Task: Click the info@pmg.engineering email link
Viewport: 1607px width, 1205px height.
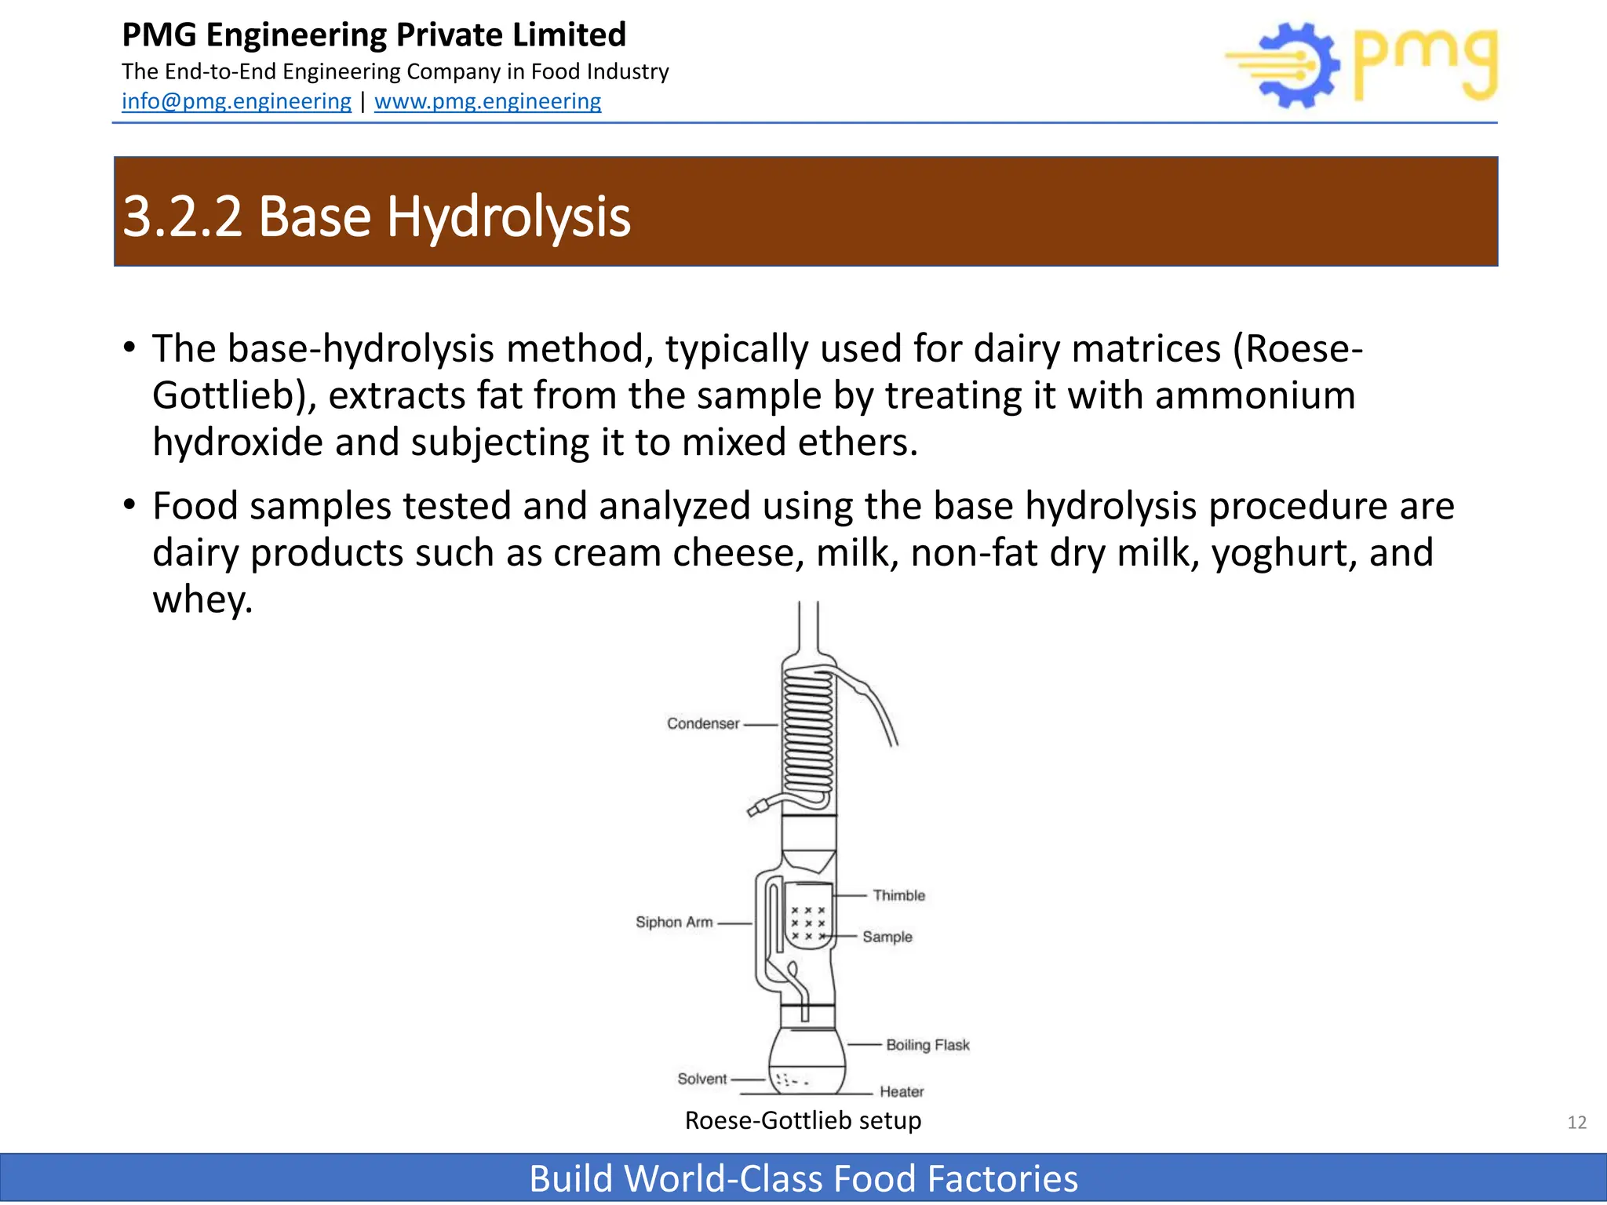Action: pos(236,101)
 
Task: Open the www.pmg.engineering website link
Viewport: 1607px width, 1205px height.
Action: pos(487,101)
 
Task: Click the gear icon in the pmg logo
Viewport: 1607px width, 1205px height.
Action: pos(1299,66)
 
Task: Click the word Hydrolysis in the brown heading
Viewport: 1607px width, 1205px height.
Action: pos(508,216)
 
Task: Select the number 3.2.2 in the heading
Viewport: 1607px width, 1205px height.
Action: pos(182,216)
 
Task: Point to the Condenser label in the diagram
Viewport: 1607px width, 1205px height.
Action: pos(702,723)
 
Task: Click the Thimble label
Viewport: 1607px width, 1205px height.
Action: pos(898,895)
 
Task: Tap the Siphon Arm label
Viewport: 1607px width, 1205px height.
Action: pos(674,922)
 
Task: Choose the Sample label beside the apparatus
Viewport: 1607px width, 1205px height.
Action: pos(887,937)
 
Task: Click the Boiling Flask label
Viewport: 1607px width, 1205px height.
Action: pos(927,1045)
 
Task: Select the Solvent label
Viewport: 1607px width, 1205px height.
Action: pos(701,1079)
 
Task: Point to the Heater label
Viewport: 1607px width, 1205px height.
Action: pos(901,1091)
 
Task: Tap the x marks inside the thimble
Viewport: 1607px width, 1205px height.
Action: pos(808,923)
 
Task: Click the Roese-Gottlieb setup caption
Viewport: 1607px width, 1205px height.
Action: pos(803,1120)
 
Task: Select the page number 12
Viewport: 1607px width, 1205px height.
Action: pos(1576,1123)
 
